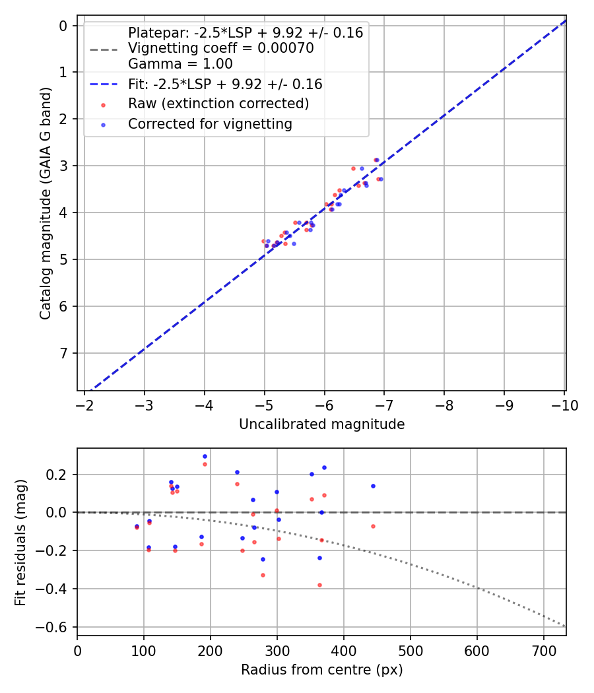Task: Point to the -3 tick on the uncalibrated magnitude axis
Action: coord(145,405)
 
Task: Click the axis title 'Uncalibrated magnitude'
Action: coord(321,424)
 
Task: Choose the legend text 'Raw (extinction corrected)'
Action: coord(218,104)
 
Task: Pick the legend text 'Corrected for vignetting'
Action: coord(210,123)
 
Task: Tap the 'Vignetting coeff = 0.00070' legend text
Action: coord(220,48)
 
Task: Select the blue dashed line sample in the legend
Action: coord(104,84)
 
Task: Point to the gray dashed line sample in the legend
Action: coord(104,48)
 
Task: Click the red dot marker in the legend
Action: coord(104,104)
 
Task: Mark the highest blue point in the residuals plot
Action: coord(205,456)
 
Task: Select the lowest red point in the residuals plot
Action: coord(319,585)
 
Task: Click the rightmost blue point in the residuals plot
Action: coord(373,486)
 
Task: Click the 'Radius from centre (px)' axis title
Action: coord(321,670)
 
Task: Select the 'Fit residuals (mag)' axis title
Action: coord(20,542)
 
